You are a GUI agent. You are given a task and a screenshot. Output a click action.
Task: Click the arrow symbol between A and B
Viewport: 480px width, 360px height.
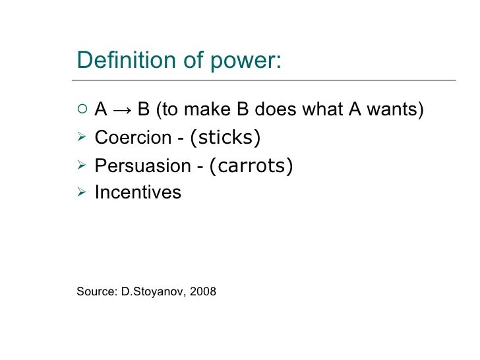123,109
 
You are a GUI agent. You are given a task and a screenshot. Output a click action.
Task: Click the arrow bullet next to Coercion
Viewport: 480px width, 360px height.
81,137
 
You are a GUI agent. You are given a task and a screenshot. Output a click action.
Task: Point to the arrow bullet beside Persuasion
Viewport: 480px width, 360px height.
81,165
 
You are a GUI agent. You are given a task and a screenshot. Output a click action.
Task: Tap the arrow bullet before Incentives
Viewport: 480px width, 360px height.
81,192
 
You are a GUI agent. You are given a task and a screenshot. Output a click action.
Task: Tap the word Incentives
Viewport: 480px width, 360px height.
138,193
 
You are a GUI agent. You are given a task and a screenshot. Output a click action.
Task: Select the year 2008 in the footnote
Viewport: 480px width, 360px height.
203,291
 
